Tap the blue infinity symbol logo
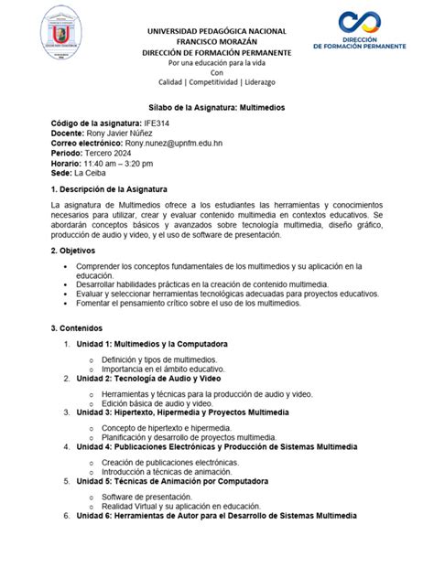(366, 23)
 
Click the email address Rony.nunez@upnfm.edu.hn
(177, 143)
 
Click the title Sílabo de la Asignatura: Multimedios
(216, 107)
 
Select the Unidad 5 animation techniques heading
(172, 480)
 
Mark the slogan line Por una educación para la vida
(216, 63)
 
